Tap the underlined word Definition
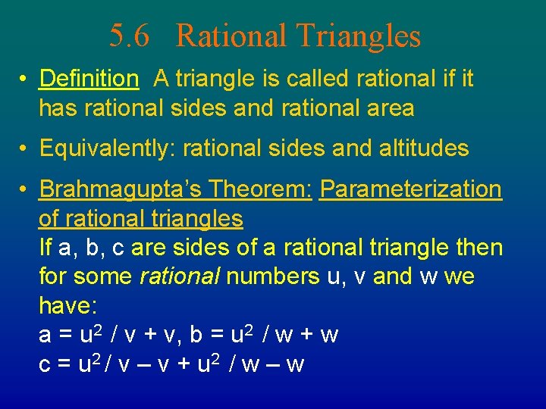click(x=89, y=79)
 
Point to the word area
click(x=385, y=108)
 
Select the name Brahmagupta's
click(x=121, y=189)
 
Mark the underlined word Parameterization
click(x=410, y=189)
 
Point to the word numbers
click(x=273, y=276)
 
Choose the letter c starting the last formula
click(x=45, y=365)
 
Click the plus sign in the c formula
click(x=184, y=365)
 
